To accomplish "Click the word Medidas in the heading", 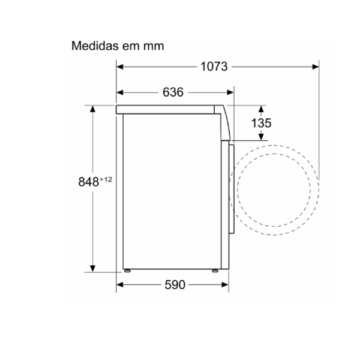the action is click(95, 46).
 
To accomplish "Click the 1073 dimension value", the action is click(214, 67).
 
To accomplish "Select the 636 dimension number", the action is click(173, 92).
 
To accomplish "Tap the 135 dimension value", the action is click(261, 123).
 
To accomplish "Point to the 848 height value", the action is click(89, 182).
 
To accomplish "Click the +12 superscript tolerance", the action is click(106, 179).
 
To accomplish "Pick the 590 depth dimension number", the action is click(175, 285).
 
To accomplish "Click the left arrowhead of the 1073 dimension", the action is click(120, 67).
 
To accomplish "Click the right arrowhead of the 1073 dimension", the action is click(316, 67).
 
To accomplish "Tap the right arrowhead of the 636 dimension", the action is click(230, 92).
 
